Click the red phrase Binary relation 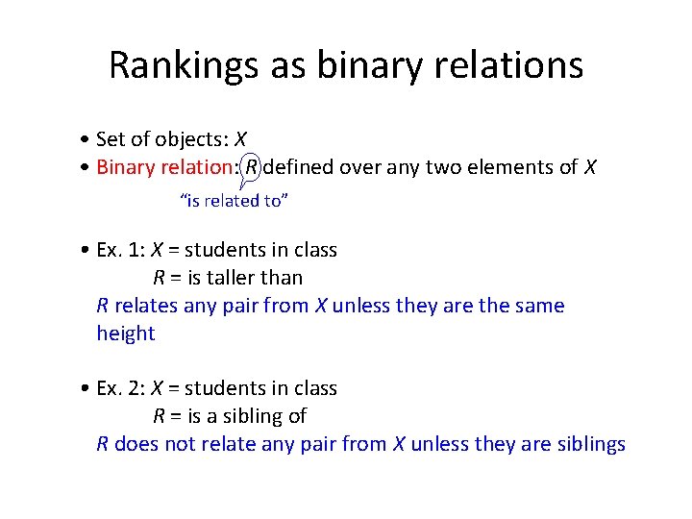164,167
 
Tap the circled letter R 252,167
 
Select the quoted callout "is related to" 235,201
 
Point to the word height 125,334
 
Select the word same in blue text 540,306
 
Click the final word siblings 591,444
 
